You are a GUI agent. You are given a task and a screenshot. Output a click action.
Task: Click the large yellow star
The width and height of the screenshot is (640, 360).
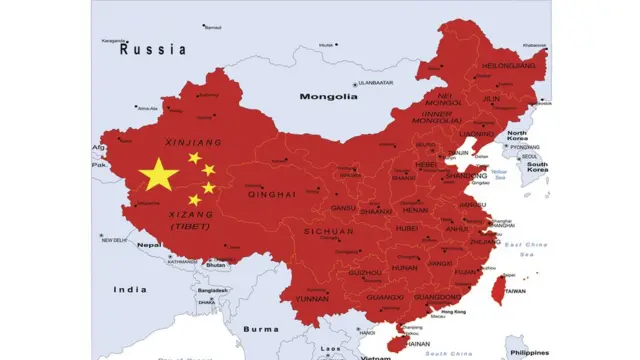click(x=159, y=175)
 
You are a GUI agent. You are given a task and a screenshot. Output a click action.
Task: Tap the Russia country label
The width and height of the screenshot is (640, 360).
click(x=152, y=48)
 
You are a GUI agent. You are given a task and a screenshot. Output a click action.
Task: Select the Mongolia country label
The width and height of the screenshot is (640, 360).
click(x=328, y=97)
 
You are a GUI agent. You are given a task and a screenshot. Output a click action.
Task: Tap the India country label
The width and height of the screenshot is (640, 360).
click(x=129, y=289)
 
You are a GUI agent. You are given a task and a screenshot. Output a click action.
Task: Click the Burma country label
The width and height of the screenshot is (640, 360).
click(x=263, y=328)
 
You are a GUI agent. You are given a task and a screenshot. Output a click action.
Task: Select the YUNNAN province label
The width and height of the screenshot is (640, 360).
click(x=312, y=298)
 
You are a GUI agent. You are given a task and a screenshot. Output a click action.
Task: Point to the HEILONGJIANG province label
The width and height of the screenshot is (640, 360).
click(x=508, y=66)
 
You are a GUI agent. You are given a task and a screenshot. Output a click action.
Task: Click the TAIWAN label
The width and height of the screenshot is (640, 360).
click(x=514, y=291)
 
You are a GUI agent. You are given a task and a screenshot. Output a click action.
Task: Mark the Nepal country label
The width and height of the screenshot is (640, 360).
click(x=149, y=245)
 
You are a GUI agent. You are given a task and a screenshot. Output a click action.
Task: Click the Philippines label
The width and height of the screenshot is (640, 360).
click(x=527, y=352)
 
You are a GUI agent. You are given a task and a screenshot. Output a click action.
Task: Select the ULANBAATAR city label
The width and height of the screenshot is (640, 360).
click(x=376, y=83)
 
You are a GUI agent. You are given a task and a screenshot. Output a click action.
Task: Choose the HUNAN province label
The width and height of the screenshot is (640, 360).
click(x=405, y=268)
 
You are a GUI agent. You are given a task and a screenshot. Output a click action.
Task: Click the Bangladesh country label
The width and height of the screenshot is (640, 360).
click(x=212, y=290)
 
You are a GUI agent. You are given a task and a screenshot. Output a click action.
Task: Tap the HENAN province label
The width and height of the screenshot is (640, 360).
click(x=414, y=210)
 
